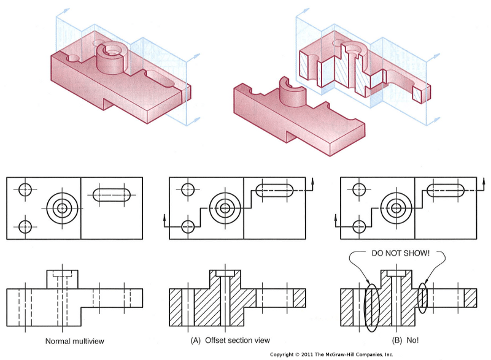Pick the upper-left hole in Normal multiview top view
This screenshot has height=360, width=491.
pyautogui.click(x=25, y=189)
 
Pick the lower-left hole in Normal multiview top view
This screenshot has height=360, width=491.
pyautogui.click(x=25, y=226)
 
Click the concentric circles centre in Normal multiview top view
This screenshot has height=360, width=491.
pyautogui.click(x=61, y=208)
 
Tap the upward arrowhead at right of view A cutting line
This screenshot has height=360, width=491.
pyautogui.click(x=312, y=181)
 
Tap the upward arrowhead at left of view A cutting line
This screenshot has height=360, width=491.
pyautogui.click(x=164, y=216)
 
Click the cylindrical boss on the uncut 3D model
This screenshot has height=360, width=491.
pyautogui.click(x=112, y=56)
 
